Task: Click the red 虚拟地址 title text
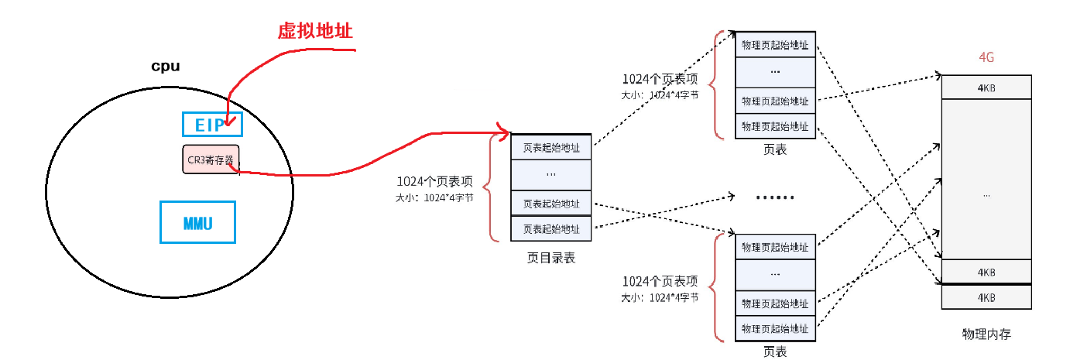click(x=315, y=30)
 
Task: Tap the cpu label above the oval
click(x=165, y=67)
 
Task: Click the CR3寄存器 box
click(x=211, y=159)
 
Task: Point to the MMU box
click(x=197, y=223)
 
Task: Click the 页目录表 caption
click(x=550, y=258)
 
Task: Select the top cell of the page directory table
click(x=550, y=146)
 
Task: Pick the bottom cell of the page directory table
click(x=550, y=228)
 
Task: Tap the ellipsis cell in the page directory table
click(x=550, y=175)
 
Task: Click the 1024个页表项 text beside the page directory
click(x=434, y=182)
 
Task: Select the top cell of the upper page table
click(x=775, y=44)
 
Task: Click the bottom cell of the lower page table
click(x=775, y=328)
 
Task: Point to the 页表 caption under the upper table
click(x=775, y=149)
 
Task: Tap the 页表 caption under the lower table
click(x=775, y=351)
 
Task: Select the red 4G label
click(x=986, y=59)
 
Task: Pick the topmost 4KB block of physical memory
click(x=986, y=87)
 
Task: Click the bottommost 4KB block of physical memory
click(x=986, y=297)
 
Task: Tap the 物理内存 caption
click(x=986, y=334)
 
